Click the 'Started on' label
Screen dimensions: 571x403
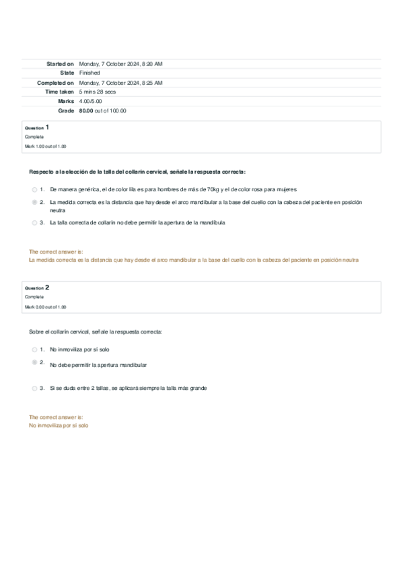(60, 64)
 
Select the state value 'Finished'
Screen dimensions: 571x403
(89, 73)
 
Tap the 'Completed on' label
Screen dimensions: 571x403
(55, 82)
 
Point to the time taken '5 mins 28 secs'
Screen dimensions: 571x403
(97, 92)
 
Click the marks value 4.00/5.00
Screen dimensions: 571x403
(90, 101)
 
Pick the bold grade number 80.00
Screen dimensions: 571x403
(85, 110)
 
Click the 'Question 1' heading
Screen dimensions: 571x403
(37, 127)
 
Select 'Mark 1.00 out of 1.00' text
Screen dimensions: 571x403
(45, 146)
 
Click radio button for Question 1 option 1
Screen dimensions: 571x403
(34, 190)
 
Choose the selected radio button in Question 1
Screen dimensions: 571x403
(34, 202)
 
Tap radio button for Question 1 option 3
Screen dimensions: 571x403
(34, 222)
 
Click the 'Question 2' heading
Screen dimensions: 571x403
(37, 288)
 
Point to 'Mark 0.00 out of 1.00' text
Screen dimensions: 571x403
(45, 306)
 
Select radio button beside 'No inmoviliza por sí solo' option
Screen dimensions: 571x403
(34, 350)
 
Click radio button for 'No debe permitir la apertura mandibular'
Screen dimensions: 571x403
(34, 362)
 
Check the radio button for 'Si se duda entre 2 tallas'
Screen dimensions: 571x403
(34, 389)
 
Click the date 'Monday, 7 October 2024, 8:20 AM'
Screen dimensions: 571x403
(120, 64)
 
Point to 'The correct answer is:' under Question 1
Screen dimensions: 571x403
(55, 252)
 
